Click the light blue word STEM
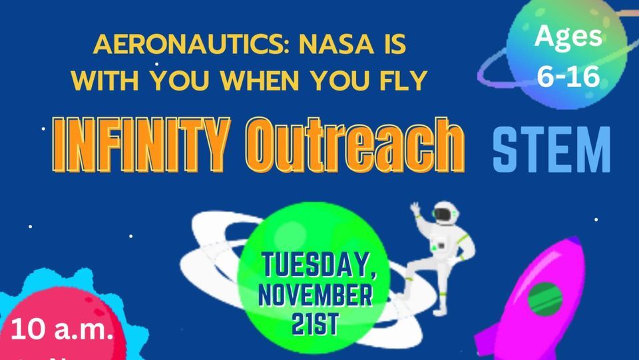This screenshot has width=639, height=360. coord(551,150)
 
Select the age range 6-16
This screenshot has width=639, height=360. coord(568,77)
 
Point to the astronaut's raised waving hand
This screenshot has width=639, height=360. coord(415,209)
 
